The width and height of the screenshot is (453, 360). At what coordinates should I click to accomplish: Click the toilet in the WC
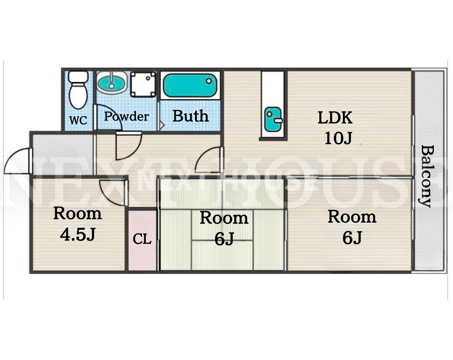78,90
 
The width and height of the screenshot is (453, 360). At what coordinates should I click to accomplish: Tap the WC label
78,121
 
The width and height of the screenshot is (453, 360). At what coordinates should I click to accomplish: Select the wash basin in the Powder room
112,83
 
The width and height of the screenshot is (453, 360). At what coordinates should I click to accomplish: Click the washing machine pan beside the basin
143,84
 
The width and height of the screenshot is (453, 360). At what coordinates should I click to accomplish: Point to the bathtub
190,85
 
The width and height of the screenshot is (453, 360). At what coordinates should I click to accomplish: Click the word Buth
191,116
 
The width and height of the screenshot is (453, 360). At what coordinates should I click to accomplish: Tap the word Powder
127,116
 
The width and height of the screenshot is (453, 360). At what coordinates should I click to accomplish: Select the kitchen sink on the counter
273,119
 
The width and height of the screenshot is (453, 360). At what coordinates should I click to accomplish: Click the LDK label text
335,118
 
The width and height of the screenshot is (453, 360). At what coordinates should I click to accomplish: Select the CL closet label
142,239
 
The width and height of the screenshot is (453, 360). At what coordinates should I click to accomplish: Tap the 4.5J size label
78,234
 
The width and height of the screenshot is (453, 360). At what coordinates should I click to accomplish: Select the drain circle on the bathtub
209,81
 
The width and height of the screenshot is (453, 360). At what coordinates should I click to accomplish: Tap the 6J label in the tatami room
224,239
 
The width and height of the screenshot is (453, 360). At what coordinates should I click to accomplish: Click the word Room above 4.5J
78,214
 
